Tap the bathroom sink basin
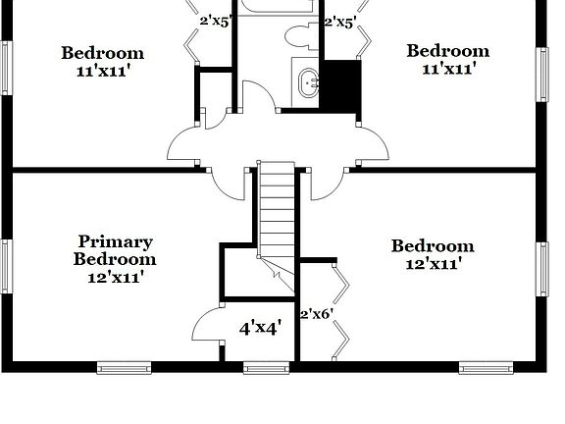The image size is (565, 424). tap(309, 82)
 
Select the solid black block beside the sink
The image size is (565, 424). tap(340, 85)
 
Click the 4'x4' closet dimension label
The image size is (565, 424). tap(260, 328)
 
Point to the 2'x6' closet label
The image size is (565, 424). tap(316, 314)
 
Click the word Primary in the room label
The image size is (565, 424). tap(115, 241)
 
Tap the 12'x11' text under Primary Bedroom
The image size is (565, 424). tap(115, 278)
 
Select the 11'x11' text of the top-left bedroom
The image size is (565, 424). tap(102, 71)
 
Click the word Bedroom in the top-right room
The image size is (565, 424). tap(447, 51)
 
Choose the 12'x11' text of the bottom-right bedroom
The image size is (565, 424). tap(433, 263)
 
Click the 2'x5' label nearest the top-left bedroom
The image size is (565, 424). tap(216, 20)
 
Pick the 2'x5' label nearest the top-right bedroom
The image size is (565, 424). tap(339, 20)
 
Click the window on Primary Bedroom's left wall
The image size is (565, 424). tap(5, 266)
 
